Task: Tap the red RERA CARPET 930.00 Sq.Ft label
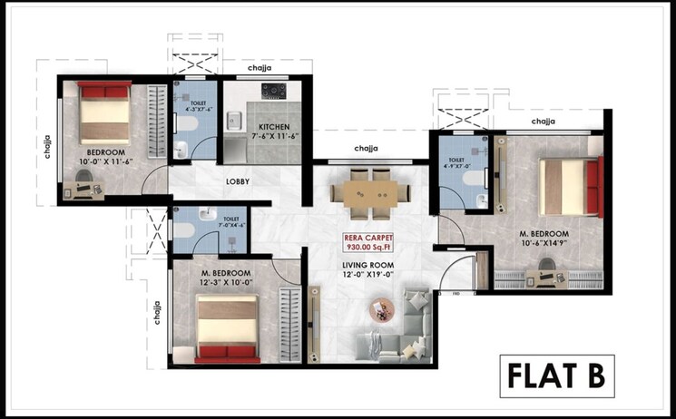[368, 243]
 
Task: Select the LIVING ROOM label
[368, 269]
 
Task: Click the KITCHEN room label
[273, 131]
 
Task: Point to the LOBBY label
[239, 181]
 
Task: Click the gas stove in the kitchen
[273, 91]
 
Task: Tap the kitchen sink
[234, 119]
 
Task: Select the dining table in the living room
[362, 193]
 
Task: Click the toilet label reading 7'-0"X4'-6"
[230, 222]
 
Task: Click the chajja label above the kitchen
[261, 68]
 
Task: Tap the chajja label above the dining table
[366, 149]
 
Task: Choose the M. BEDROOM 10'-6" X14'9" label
[544, 238]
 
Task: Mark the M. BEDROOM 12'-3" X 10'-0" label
[226, 278]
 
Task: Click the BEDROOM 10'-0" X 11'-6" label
[106, 156]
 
